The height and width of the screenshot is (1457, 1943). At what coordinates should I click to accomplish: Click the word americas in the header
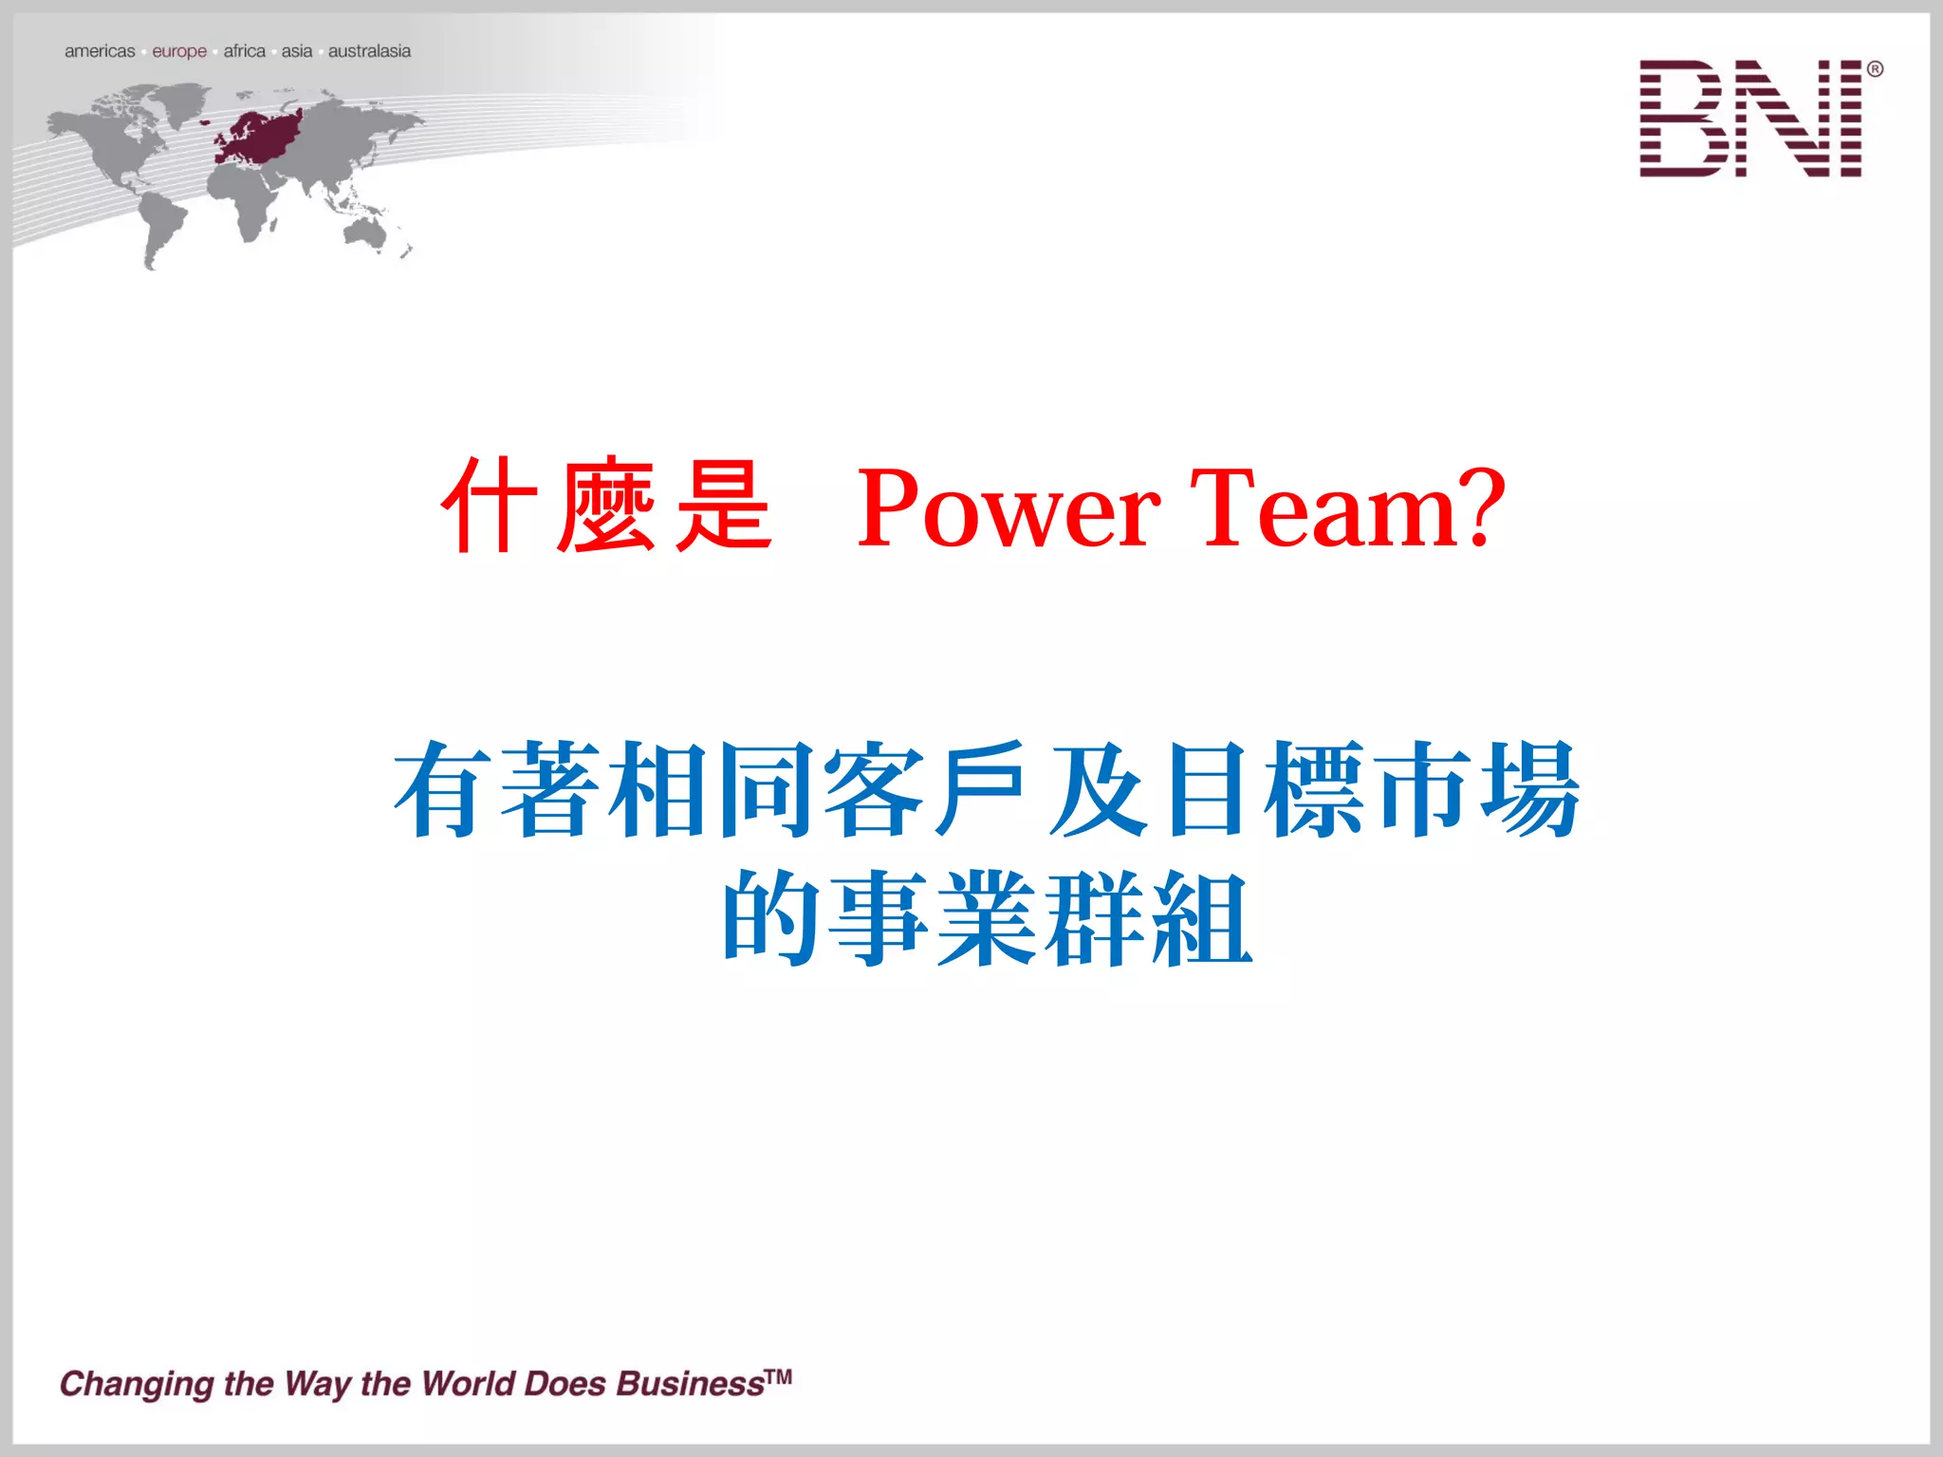click(100, 51)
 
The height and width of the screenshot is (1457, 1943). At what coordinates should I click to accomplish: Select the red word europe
click(179, 51)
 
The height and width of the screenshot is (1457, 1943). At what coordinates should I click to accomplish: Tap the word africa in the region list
click(244, 51)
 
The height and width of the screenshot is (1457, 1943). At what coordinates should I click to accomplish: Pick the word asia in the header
click(296, 51)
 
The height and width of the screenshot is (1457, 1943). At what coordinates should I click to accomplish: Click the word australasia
click(369, 51)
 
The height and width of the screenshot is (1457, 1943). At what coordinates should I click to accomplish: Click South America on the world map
click(161, 224)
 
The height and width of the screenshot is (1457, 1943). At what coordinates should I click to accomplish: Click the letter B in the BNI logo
click(1680, 119)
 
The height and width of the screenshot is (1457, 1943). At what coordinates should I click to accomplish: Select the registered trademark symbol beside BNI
click(1875, 69)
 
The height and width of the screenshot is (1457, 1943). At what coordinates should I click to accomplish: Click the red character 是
click(723, 506)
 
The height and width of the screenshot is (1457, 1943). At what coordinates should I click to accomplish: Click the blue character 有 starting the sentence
click(442, 789)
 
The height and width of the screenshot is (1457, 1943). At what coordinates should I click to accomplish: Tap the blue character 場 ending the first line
click(1529, 789)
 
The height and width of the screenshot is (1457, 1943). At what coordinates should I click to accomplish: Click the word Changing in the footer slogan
click(137, 1385)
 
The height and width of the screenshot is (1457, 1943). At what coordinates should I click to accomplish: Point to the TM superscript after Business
click(778, 1376)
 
